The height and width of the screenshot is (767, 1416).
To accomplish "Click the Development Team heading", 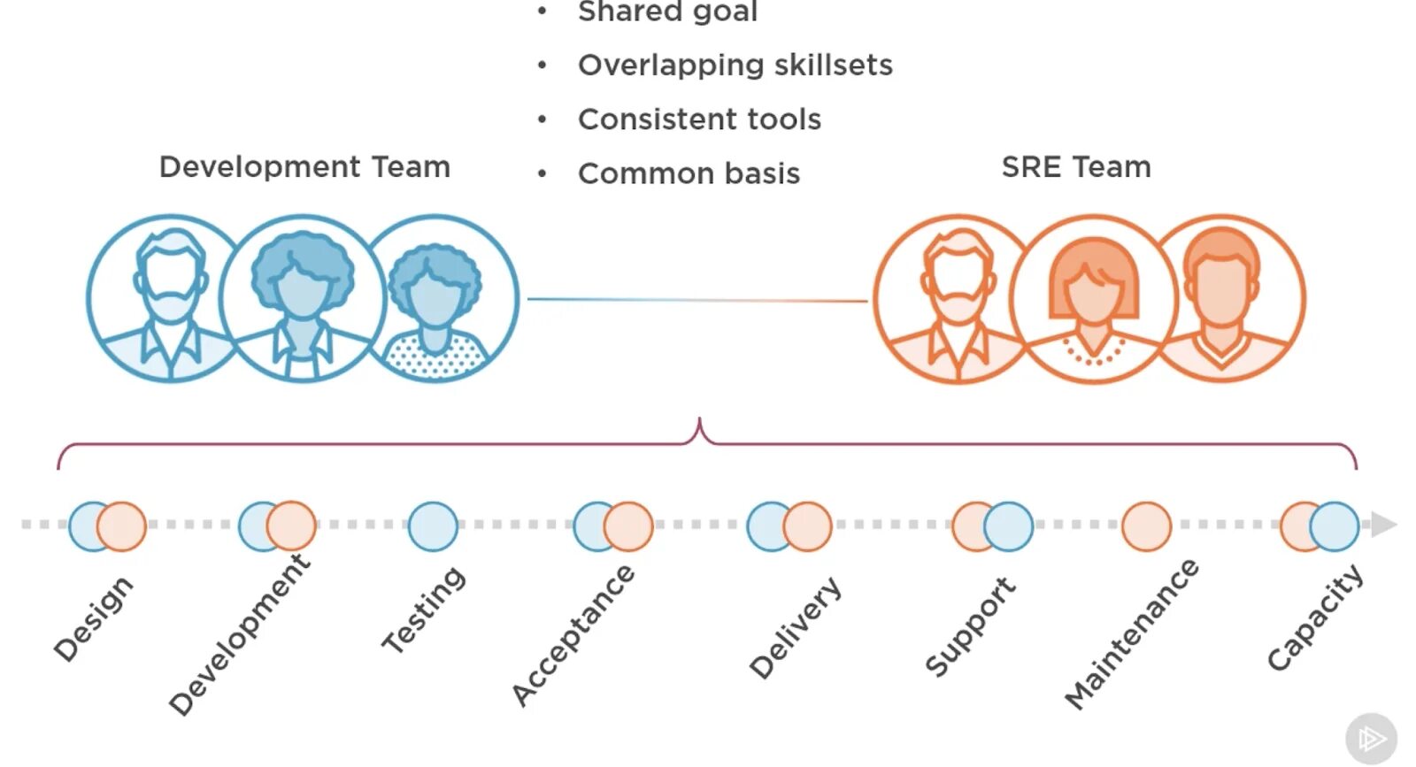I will click(304, 167).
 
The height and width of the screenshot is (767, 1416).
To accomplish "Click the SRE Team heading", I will click(1075, 167).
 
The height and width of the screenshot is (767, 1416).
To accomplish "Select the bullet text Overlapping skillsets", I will click(735, 65).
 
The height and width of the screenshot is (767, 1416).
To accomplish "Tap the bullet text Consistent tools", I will click(699, 119).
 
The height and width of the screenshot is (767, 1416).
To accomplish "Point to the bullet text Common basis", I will click(689, 174).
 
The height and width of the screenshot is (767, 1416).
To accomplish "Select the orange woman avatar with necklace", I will click(1094, 299).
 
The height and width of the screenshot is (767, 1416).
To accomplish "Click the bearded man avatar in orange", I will click(956, 299).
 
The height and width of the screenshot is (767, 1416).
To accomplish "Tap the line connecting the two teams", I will click(697, 300).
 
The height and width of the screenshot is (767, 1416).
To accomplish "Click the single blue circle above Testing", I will click(433, 526).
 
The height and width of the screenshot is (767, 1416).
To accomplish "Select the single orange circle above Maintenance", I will click(1146, 526).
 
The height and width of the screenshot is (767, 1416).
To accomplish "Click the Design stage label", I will click(93, 618).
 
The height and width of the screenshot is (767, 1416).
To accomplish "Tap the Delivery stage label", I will click(795, 627).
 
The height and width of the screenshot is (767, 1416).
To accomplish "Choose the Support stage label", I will click(970, 625).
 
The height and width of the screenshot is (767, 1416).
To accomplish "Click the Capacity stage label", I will click(1314, 618).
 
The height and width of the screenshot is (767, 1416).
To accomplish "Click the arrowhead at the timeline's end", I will click(1383, 524).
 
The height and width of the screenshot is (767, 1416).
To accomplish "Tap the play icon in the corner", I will click(1371, 739).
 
